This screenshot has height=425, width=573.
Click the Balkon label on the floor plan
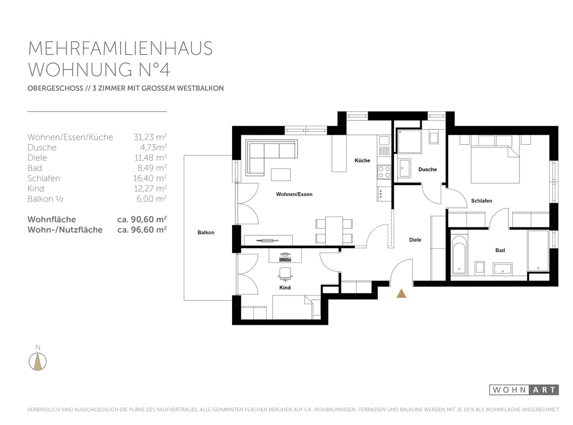point(206,232)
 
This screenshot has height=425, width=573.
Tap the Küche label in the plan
point(362,160)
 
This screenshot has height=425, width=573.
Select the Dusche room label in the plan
point(427,169)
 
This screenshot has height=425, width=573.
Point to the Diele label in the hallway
point(415,240)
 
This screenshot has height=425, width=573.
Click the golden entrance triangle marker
point(401,294)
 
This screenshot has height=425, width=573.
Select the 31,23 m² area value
point(150,137)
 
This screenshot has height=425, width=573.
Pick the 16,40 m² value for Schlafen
point(150,178)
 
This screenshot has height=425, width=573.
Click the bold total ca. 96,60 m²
point(142,229)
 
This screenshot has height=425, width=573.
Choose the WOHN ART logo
point(524,390)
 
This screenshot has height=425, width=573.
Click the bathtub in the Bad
point(459,254)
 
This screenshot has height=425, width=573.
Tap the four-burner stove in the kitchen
point(384,172)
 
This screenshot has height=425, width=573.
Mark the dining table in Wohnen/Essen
point(334,231)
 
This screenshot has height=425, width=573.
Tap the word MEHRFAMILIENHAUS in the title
point(120,48)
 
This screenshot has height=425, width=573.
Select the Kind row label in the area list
point(36,188)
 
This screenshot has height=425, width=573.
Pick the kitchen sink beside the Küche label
point(384,142)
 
